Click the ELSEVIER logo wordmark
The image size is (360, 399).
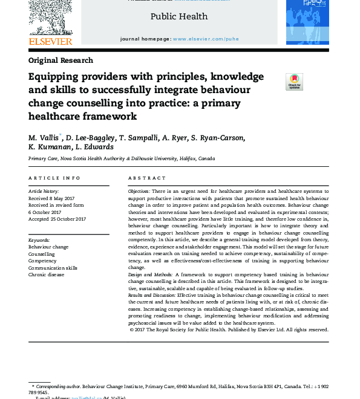50,41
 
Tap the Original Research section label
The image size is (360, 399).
61,60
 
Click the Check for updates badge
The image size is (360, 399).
294,82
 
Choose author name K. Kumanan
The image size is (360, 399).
50,147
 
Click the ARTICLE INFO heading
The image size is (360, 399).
54,178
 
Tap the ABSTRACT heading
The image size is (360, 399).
146,178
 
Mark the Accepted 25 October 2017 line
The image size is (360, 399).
57,218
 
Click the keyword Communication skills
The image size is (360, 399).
53,268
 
